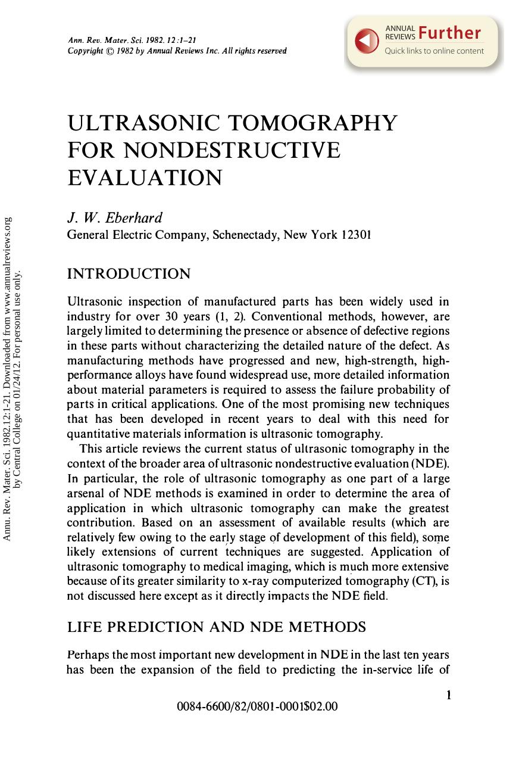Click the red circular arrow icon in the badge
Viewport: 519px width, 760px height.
pos(367,40)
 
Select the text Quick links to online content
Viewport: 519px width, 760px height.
pos(434,51)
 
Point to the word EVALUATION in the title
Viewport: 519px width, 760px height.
pos(145,177)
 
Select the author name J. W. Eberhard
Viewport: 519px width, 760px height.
pos(115,217)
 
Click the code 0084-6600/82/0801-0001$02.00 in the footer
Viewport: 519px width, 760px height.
pos(257,707)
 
